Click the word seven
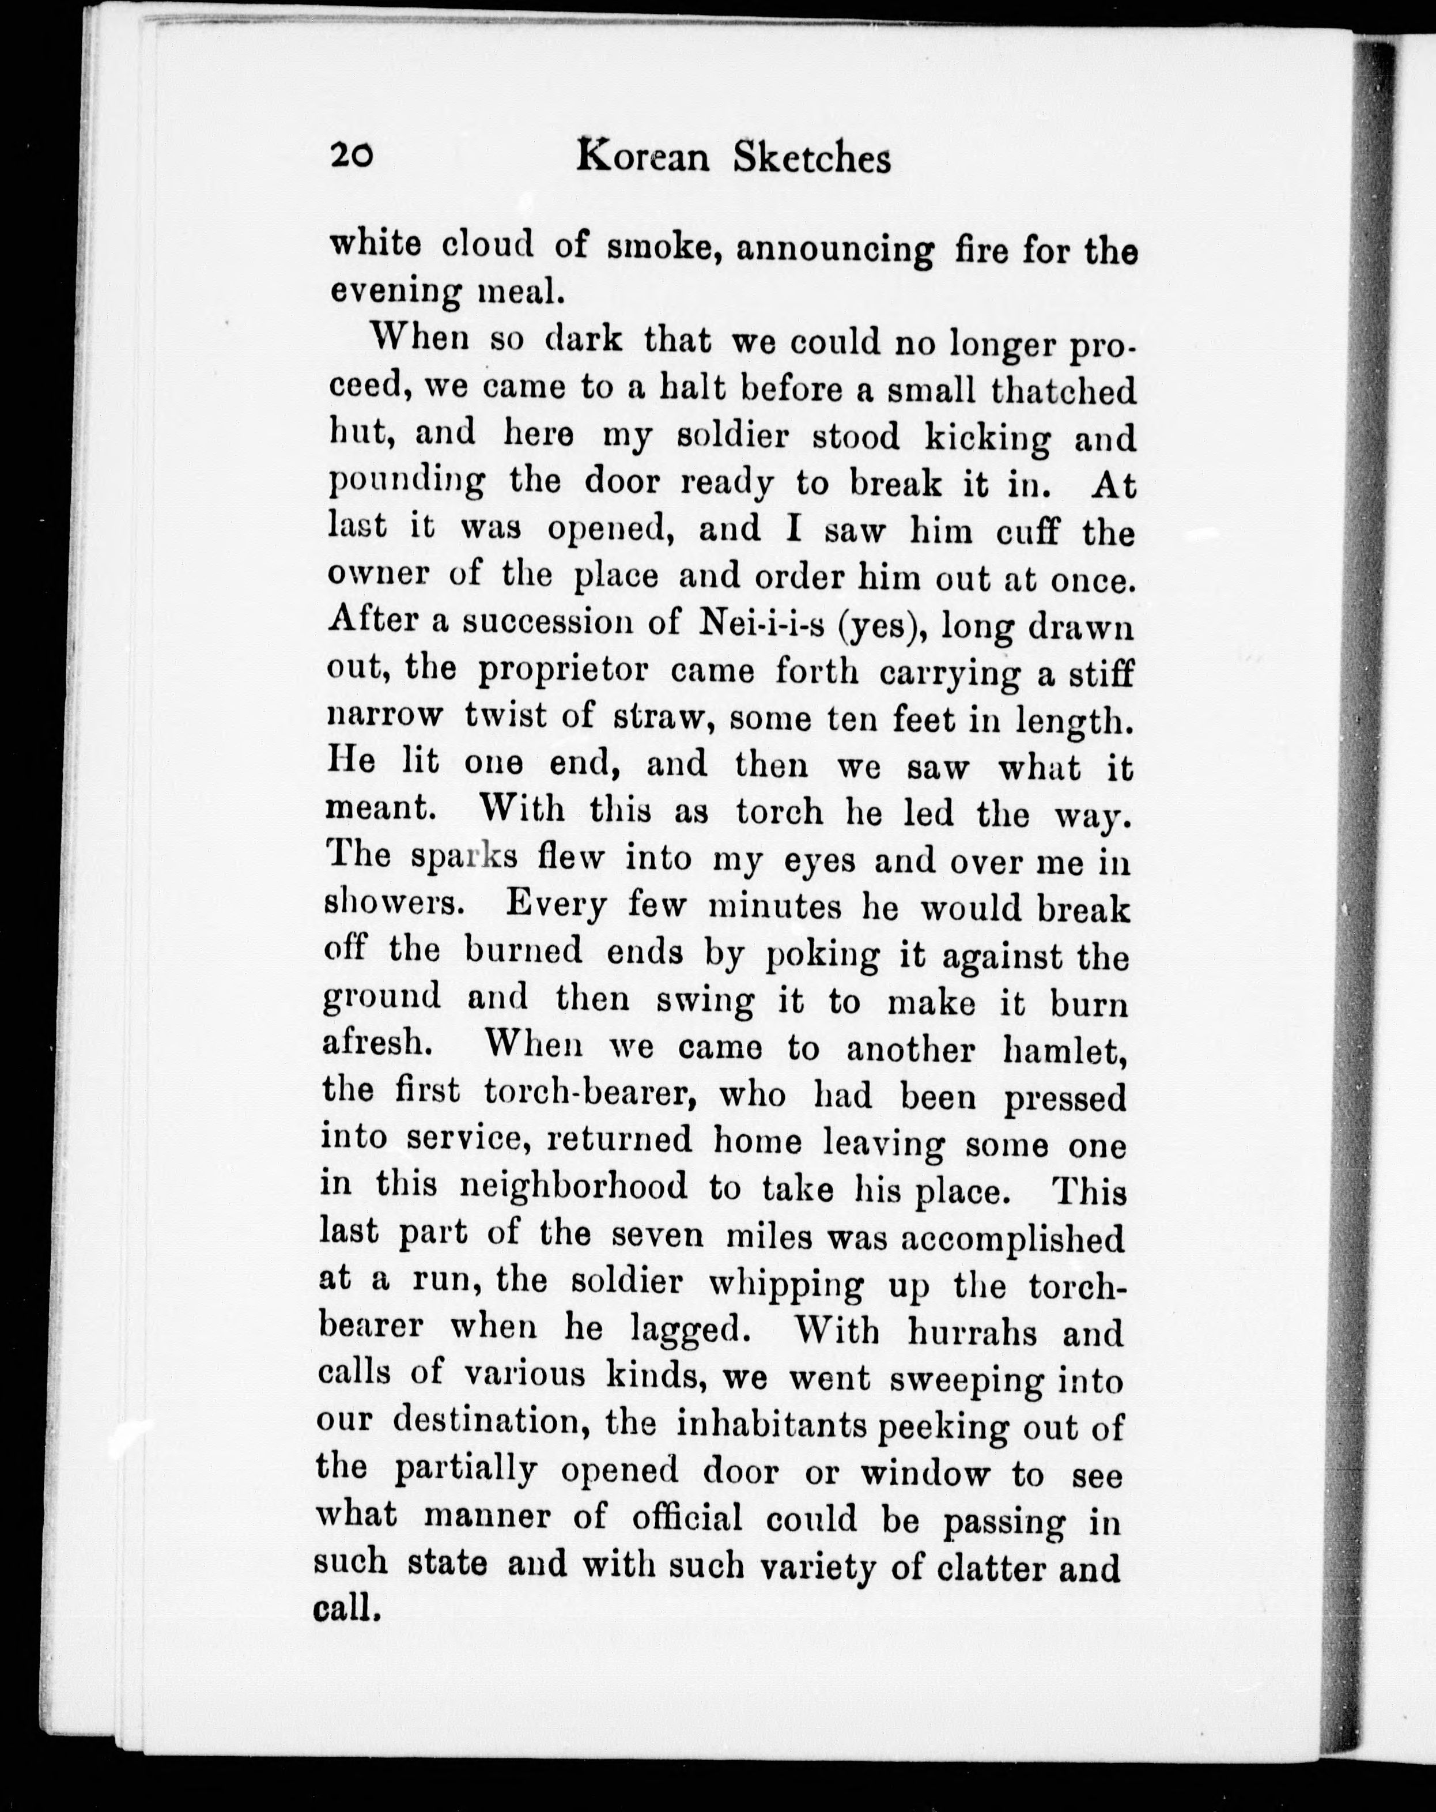[658, 1236]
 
